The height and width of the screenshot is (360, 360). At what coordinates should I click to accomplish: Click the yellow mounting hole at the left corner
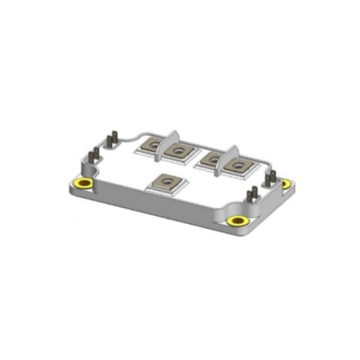tap(83, 183)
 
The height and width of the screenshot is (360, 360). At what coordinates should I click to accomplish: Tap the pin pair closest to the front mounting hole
tap(253, 196)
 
